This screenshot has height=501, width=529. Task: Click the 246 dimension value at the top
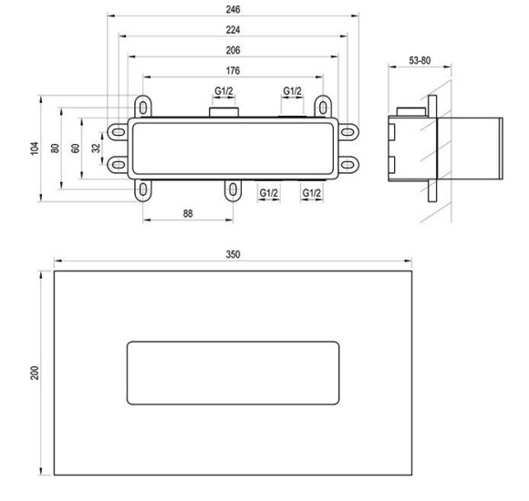pos(233,9)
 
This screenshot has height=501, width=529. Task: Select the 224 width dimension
pos(233,30)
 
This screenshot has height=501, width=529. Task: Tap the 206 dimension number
pos(233,51)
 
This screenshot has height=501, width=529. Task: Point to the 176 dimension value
pos(233,72)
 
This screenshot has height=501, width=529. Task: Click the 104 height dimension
pos(34,148)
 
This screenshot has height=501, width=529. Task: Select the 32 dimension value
pos(96,148)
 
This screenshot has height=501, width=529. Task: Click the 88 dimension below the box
pos(188,213)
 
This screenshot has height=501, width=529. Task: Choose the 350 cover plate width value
pos(233,255)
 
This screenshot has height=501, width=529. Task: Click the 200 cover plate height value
pos(34,374)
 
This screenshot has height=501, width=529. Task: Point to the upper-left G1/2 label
pos(223,91)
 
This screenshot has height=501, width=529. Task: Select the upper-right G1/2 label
pos(292,91)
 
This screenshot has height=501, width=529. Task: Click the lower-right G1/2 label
pos(312,193)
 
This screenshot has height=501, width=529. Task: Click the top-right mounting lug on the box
pos(321,105)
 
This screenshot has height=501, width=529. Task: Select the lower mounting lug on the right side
pos(348,164)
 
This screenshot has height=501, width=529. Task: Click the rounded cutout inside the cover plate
pos(233,374)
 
